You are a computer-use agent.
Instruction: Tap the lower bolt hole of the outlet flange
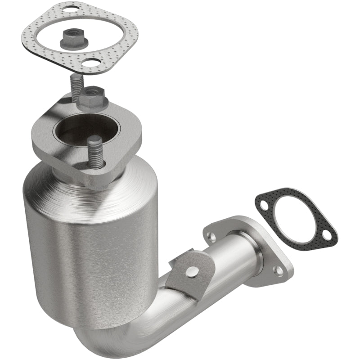[x=279, y=270]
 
